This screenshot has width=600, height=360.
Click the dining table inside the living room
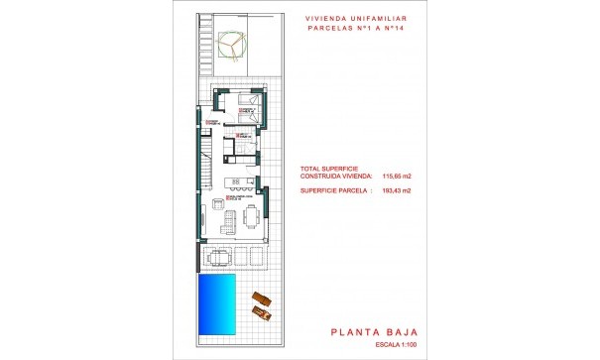[244, 212]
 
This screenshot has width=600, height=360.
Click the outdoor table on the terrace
[219, 257]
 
